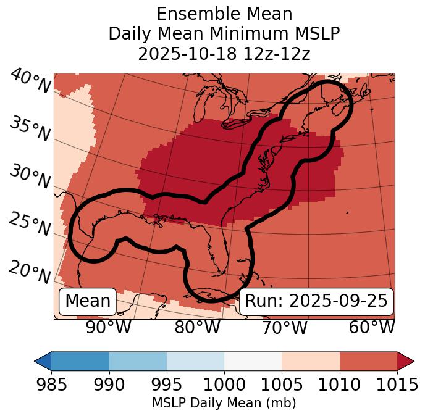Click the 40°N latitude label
(x=30, y=81)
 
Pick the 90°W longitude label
(x=108, y=327)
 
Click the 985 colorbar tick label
(x=51, y=385)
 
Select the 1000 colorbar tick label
(x=224, y=385)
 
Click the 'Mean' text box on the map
(x=88, y=301)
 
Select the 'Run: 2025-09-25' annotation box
(x=316, y=301)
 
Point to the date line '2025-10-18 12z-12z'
(x=224, y=54)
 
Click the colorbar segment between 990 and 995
(x=138, y=360)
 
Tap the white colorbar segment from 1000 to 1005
(x=253, y=360)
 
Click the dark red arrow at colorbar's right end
(x=405, y=360)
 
